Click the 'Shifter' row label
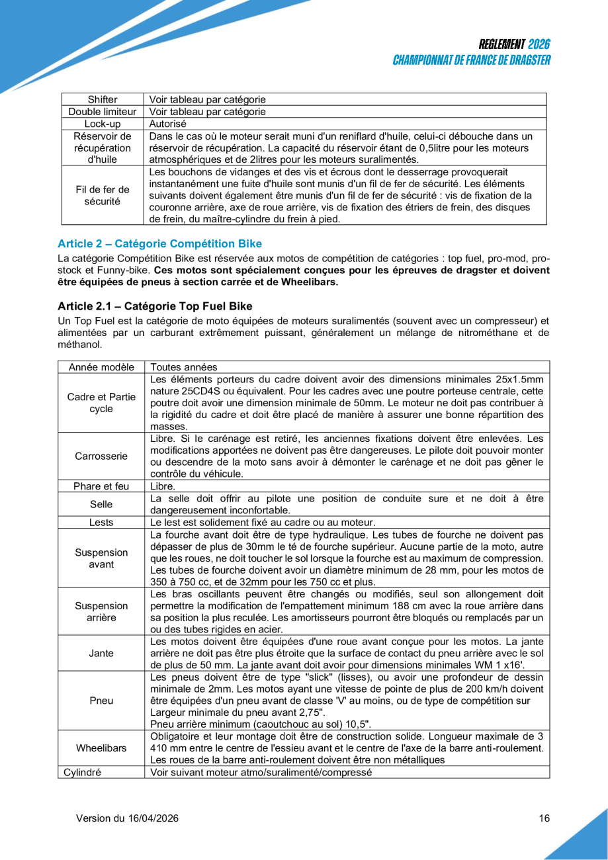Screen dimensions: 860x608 (x=102, y=100)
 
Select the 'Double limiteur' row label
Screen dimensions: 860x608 (x=102, y=112)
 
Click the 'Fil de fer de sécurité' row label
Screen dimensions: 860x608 (x=102, y=194)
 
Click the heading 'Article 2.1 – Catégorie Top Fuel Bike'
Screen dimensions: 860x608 (x=155, y=306)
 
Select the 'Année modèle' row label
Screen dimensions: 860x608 (x=102, y=367)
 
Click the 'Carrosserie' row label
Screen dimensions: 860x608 (x=102, y=456)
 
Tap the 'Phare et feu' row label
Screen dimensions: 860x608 (x=102, y=486)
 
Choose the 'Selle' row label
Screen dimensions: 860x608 (x=102, y=504)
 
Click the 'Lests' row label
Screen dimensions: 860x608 (x=102, y=522)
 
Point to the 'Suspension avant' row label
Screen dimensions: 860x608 (x=102, y=558)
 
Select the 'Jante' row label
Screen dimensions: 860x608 (x=102, y=653)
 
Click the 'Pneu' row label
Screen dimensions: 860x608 (x=102, y=700)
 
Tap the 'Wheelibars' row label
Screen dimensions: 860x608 (x=102, y=748)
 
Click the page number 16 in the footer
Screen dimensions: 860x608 (x=544, y=818)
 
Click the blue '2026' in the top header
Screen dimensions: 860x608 (x=539, y=45)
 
